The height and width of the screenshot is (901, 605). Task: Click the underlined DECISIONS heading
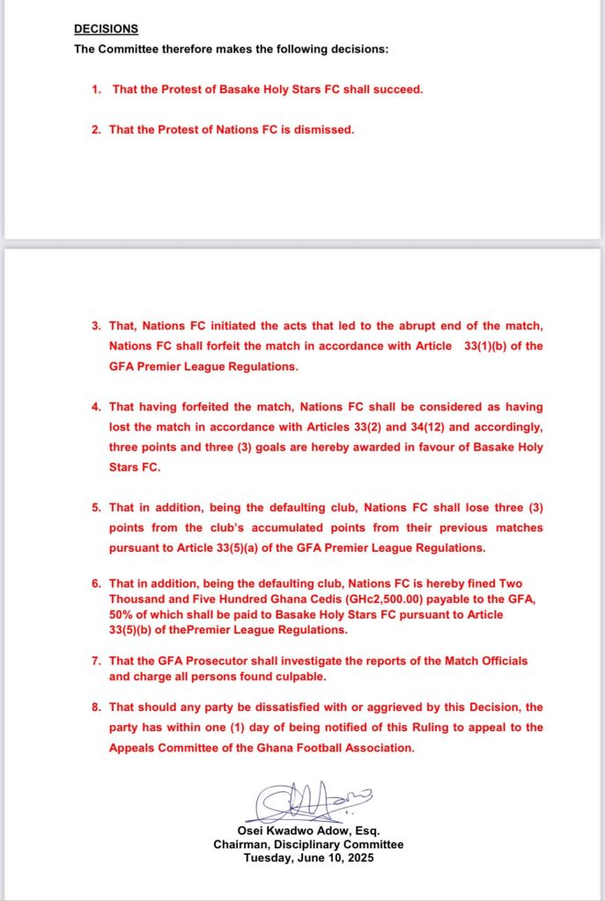click(106, 29)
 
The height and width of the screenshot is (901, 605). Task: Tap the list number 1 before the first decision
click(96, 89)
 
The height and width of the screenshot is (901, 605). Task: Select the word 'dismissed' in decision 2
click(327, 129)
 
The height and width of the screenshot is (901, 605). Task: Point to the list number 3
click(96, 326)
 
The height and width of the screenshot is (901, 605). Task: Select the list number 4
click(96, 407)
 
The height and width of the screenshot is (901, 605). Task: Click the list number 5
click(96, 508)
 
